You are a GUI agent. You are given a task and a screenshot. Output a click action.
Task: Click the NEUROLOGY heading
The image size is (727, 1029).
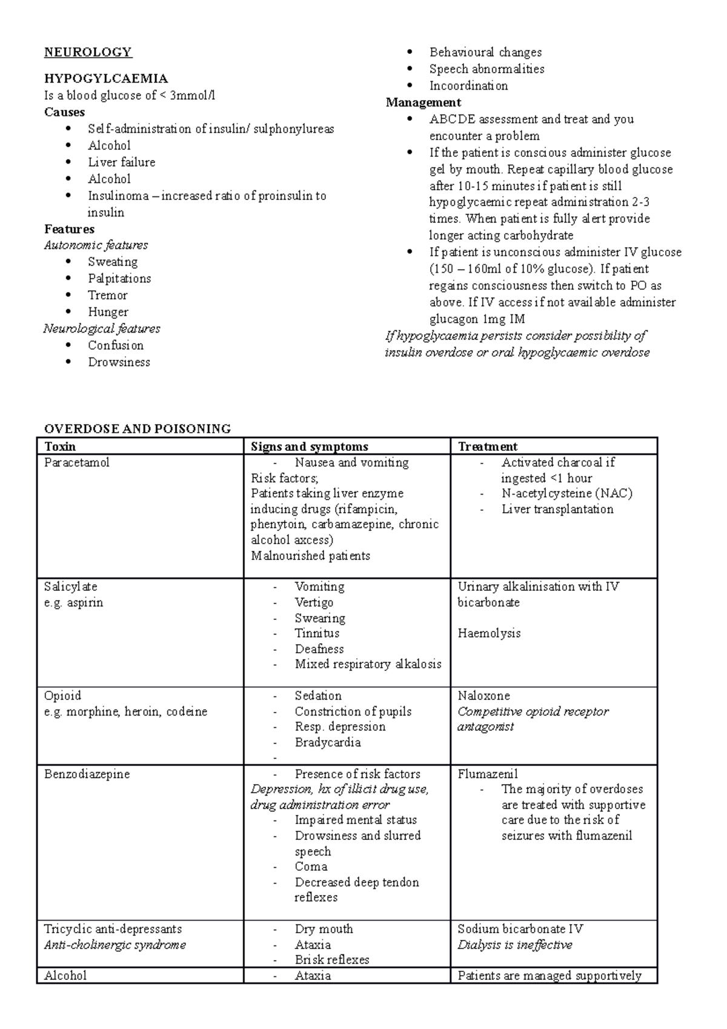pyautogui.click(x=88, y=52)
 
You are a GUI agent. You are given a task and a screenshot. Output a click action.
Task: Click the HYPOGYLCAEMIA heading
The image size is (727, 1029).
pyautogui.click(x=106, y=79)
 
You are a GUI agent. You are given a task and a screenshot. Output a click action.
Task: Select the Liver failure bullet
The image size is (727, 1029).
pyautogui.click(x=121, y=162)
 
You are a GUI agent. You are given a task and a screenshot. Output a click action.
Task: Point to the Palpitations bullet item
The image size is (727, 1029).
pyautogui.click(x=119, y=279)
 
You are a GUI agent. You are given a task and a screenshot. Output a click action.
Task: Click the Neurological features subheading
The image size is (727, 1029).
pyautogui.click(x=102, y=329)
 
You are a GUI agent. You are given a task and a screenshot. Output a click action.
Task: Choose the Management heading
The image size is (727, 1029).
pyautogui.click(x=423, y=102)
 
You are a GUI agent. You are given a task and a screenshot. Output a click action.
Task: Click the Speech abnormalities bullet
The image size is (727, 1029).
pyautogui.click(x=486, y=69)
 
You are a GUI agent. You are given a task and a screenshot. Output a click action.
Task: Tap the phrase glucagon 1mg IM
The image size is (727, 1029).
pyautogui.click(x=477, y=319)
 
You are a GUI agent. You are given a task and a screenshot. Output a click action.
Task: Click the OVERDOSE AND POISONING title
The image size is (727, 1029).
pyautogui.click(x=138, y=429)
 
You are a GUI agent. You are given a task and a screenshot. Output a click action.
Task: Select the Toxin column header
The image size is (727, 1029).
pyautogui.click(x=60, y=447)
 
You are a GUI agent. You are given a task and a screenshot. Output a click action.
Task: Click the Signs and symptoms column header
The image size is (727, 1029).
pyautogui.click(x=310, y=447)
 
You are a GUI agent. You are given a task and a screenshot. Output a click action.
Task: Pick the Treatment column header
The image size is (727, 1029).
pyautogui.click(x=488, y=447)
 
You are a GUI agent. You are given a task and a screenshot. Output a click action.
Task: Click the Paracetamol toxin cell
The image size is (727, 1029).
pyautogui.click(x=77, y=463)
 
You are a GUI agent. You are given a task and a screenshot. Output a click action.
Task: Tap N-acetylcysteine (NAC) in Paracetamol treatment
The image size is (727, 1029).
pyautogui.click(x=566, y=493)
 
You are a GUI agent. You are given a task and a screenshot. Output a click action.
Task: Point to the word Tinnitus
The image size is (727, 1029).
pyautogui.click(x=317, y=633)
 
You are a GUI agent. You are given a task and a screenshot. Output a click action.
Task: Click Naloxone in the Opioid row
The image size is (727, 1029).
pyautogui.click(x=483, y=696)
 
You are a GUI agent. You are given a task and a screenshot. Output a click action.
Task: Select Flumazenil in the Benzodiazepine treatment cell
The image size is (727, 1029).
pyautogui.click(x=488, y=774)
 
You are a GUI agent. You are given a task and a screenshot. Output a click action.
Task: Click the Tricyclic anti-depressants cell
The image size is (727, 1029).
pyautogui.click(x=113, y=929)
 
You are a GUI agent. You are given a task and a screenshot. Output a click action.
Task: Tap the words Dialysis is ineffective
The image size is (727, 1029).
pyautogui.click(x=514, y=945)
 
